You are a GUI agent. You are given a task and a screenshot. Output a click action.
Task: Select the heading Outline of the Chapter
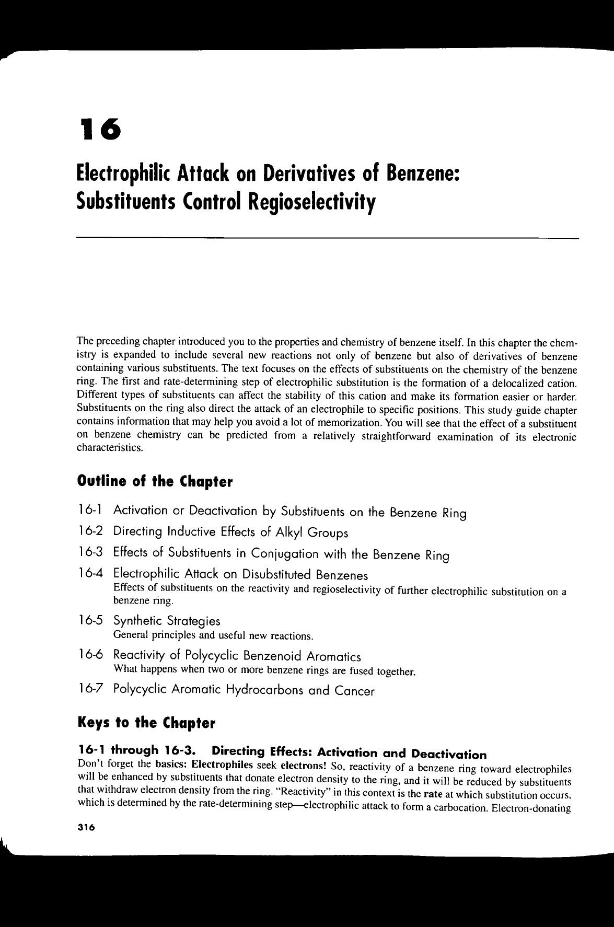click(x=155, y=481)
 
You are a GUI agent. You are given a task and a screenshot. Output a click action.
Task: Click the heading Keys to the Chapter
click(x=146, y=724)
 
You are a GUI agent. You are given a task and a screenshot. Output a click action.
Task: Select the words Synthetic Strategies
click(x=167, y=621)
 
